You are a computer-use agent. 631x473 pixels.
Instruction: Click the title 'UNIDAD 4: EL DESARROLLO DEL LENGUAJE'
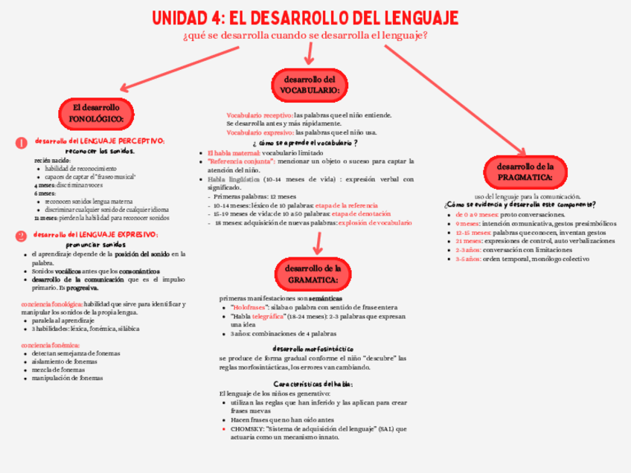[305, 17]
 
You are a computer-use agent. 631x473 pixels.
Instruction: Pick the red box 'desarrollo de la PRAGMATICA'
[525, 173]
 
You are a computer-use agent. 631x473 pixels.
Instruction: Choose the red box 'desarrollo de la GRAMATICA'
[312, 273]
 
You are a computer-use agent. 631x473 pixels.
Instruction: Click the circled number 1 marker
[22, 142]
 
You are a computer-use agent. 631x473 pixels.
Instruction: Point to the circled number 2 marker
[22, 236]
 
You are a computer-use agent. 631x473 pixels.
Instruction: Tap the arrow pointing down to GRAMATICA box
[318, 241]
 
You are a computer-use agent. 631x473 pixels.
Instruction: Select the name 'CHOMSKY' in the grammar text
[246, 428]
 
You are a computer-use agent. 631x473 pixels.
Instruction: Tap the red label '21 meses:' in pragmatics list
[469, 241]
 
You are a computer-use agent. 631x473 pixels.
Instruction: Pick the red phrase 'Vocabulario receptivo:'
[260, 115]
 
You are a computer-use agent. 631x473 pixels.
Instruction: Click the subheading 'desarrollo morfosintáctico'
[313, 348]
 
